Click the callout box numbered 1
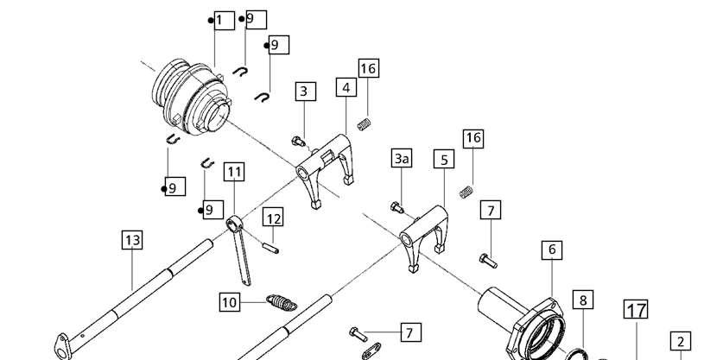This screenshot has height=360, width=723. [225, 20]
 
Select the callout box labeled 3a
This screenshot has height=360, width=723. [402, 158]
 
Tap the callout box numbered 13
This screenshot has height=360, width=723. [132, 240]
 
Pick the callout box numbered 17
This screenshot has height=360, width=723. [636, 309]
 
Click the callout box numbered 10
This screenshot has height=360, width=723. [230, 302]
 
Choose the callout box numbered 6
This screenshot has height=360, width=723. [552, 249]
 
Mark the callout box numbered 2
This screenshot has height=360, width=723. [681, 342]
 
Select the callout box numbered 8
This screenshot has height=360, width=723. [583, 300]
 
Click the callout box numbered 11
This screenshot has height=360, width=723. [234, 172]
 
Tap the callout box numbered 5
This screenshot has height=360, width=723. [444, 160]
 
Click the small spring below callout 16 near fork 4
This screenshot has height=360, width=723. [364, 124]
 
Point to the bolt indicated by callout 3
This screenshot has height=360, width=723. [298, 141]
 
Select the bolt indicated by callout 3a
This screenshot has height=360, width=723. [397, 207]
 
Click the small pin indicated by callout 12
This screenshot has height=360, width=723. [270, 248]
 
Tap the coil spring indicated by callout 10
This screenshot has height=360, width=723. [282, 302]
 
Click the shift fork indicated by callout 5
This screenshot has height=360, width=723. [424, 237]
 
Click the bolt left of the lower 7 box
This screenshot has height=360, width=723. [358, 334]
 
